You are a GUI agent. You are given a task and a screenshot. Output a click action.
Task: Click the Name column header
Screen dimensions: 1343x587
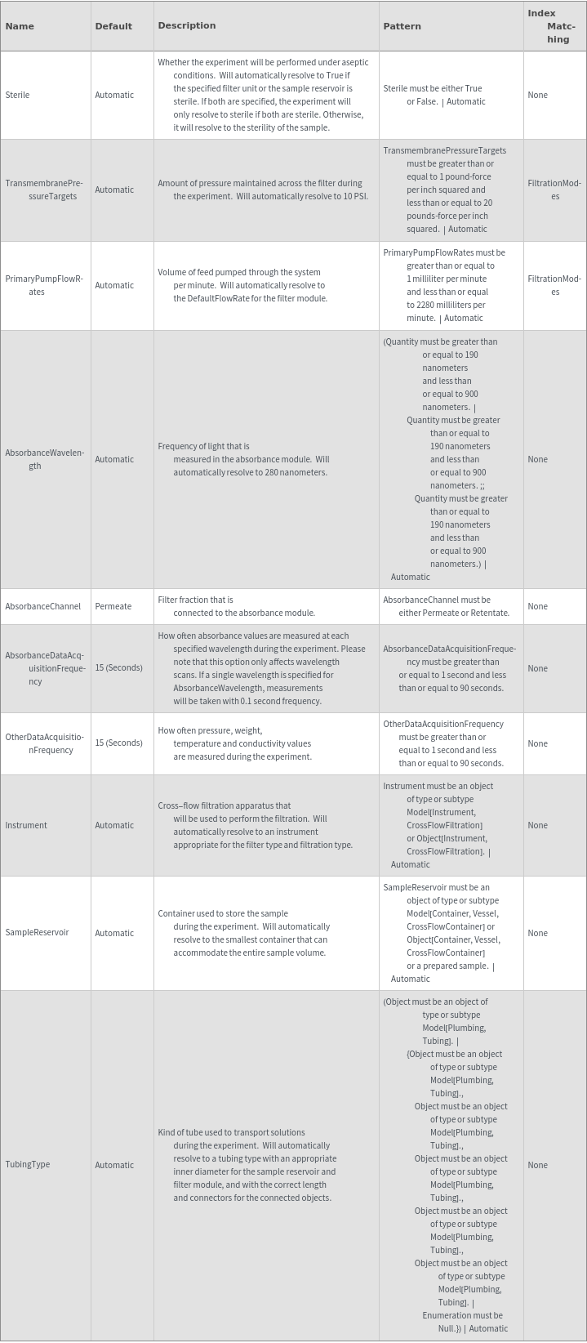click(x=20, y=26)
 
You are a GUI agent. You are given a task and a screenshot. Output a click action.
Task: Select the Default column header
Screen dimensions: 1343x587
click(x=113, y=26)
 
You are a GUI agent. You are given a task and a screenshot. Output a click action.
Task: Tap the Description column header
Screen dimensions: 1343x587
click(x=187, y=25)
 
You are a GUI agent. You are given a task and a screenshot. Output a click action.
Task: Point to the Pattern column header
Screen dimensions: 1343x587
click(x=402, y=26)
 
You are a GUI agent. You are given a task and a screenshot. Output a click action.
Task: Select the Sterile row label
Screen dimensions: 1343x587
click(x=17, y=95)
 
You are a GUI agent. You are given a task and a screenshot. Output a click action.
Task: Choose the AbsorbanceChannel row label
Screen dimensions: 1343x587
click(x=42, y=606)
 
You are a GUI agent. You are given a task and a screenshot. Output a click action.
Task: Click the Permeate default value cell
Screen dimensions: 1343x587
click(x=113, y=606)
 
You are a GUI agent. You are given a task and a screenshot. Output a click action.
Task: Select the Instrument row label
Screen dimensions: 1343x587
click(x=26, y=825)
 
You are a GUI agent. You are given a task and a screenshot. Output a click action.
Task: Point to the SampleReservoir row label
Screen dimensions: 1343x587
click(x=37, y=933)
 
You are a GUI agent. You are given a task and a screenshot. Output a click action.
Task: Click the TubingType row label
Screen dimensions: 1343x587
click(x=28, y=1165)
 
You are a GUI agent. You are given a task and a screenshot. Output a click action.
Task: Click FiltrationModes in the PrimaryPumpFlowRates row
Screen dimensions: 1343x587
click(x=554, y=285)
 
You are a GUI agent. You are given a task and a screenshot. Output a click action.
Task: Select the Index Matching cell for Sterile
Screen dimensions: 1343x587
click(x=537, y=95)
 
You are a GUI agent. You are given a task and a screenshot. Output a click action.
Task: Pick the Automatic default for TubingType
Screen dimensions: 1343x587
click(x=114, y=1165)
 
